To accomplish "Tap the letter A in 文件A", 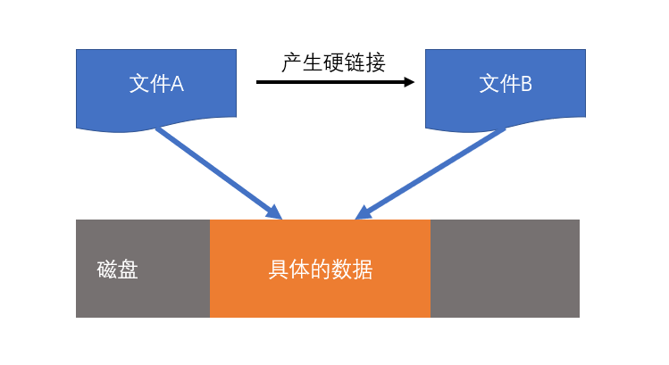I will tap(177, 84).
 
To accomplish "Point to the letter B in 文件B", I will tap(526, 84).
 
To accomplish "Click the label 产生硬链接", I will tap(333, 63).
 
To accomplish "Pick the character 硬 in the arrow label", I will tap(333, 63).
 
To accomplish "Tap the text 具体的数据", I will tap(320, 270).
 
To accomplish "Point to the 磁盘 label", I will tap(117, 270).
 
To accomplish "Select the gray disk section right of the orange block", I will tap(505, 268).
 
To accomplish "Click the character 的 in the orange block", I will tap(321, 270).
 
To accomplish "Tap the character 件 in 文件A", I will tap(158, 84).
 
